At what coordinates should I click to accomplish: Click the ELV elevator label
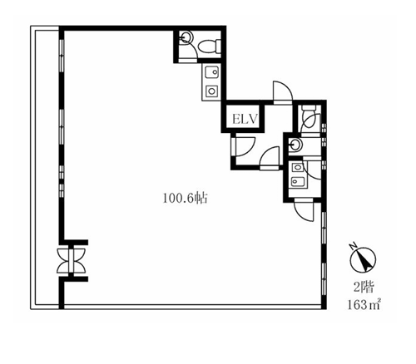pyautogui.click(x=245, y=119)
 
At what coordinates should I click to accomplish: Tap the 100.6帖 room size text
pyautogui.click(x=185, y=199)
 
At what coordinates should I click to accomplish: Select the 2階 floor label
pyautogui.click(x=364, y=288)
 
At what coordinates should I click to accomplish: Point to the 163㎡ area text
pyautogui.click(x=364, y=304)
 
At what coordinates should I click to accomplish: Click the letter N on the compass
pyautogui.click(x=353, y=246)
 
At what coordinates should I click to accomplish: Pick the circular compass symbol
pyautogui.click(x=363, y=260)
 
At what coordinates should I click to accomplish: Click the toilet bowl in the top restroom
pyautogui.click(x=210, y=47)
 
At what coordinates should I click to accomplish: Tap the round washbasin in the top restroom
pyautogui.click(x=186, y=37)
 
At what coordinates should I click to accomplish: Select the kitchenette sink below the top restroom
pyautogui.click(x=212, y=72)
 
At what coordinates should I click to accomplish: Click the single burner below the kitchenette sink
pyautogui.click(x=212, y=91)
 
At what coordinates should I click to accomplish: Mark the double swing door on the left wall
pyautogui.click(x=72, y=261)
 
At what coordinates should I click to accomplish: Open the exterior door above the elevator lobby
pyautogui.click(x=283, y=92)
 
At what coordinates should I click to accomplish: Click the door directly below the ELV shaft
pyautogui.click(x=245, y=146)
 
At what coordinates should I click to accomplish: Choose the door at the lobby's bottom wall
pyautogui.click(x=270, y=158)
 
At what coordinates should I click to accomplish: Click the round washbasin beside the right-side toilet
pyautogui.click(x=295, y=144)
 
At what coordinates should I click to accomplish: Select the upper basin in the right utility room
pyautogui.click(x=298, y=168)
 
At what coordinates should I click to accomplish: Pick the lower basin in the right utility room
pyautogui.click(x=298, y=182)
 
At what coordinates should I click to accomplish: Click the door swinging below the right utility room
pyautogui.click(x=304, y=209)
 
